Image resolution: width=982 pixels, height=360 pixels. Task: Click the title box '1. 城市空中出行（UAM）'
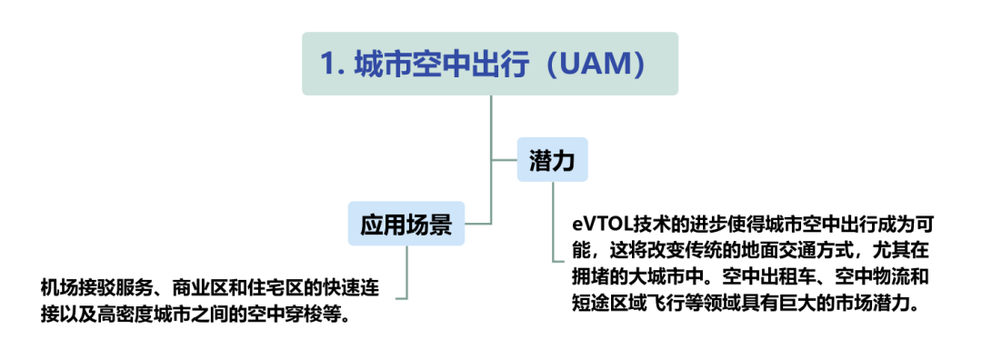[490, 64]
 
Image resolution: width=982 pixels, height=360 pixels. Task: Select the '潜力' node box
[552, 160]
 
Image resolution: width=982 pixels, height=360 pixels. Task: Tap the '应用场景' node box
[406, 224]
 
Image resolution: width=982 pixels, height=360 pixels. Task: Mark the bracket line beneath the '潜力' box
[553, 227]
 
